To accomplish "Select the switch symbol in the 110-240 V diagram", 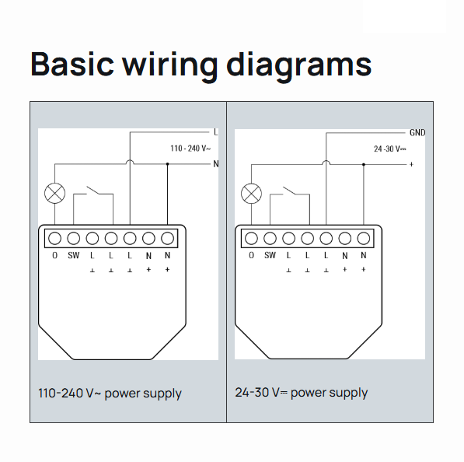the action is [x=93, y=191].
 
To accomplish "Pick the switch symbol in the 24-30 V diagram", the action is [x=290, y=192].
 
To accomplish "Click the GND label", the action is [x=417, y=133].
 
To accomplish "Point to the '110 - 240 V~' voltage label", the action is [x=190, y=149].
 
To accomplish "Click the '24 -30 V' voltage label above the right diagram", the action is [x=389, y=149].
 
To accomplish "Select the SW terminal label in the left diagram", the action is [x=73, y=255].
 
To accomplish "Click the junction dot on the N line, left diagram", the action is [x=167, y=164].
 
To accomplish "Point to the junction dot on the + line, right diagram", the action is [x=364, y=164].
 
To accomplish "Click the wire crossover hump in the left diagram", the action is [x=130, y=160].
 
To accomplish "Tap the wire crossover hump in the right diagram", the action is [x=326, y=161].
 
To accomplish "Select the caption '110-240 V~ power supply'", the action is [x=110, y=394].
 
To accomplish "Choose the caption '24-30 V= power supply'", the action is [x=302, y=393].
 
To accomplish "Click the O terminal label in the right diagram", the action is [x=251, y=255].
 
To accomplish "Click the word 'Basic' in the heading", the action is [x=72, y=65].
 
